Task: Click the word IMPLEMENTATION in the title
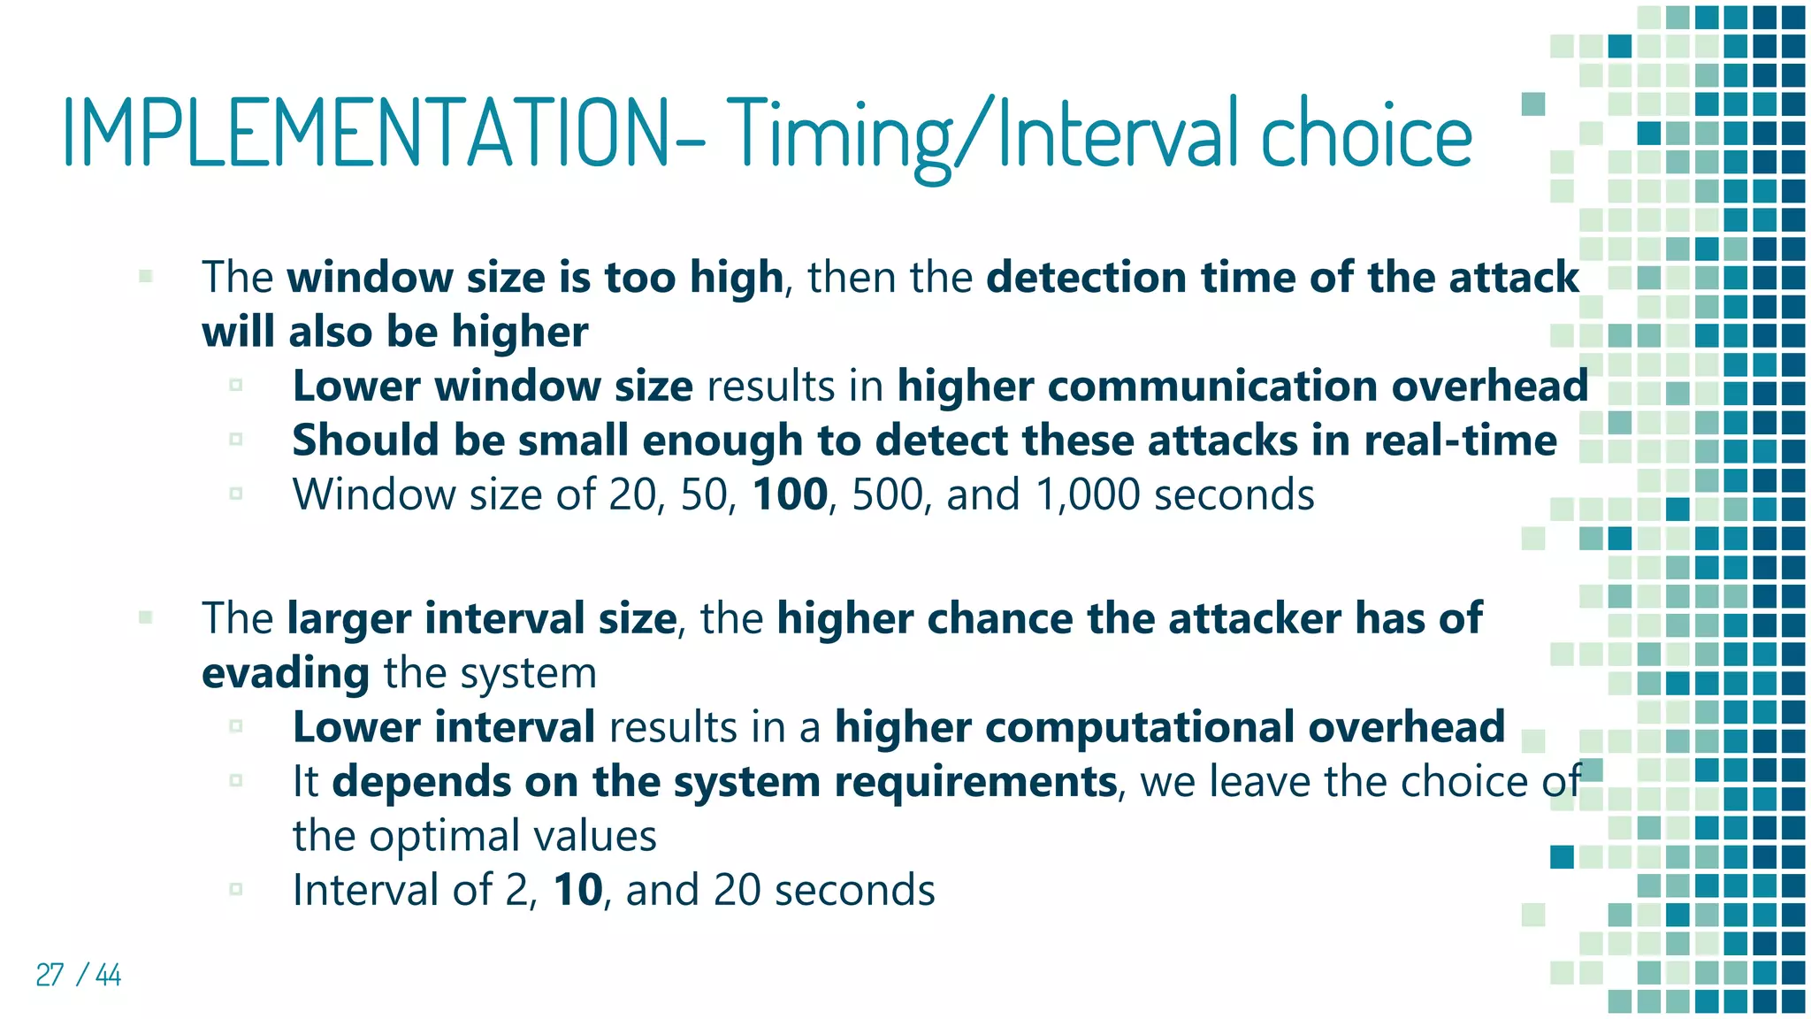point(367,134)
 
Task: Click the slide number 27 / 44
point(78,975)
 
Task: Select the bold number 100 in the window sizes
point(790,494)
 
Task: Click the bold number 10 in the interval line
point(577,890)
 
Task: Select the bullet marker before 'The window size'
point(146,277)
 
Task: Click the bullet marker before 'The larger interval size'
point(146,617)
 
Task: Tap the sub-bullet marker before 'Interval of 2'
point(236,889)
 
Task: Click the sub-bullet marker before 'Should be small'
point(236,439)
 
